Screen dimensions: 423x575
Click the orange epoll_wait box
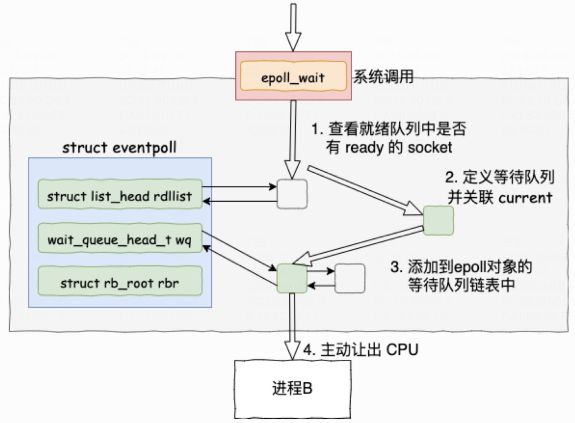pyautogui.click(x=293, y=76)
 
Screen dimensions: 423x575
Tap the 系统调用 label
pyautogui.click(x=383, y=76)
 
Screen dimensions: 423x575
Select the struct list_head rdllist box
pyautogui.click(x=120, y=195)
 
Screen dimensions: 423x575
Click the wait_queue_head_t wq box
pyautogui.click(x=120, y=239)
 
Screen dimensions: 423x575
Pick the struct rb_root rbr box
pyautogui.click(x=120, y=282)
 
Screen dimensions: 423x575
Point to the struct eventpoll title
pyautogui.click(x=119, y=147)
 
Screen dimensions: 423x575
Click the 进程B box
pyautogui.click(x=292, y=388)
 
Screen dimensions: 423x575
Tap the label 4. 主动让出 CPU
pyautogui.click(x=361, y=350)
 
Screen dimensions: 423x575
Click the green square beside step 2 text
pyautogui.click(x=438, y=220)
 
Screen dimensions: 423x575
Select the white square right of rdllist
pyautogui.click(x=292, y=194)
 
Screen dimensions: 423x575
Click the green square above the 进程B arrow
pyautogui.click(x=292, y=278)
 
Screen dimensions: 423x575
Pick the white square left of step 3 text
pyautogui.click(x=349, y=278)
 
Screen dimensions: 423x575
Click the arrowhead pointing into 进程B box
pyautogui.click(x=292, y=351)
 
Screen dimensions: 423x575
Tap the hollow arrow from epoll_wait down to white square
pyautogui.click(x=292, y=139)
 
